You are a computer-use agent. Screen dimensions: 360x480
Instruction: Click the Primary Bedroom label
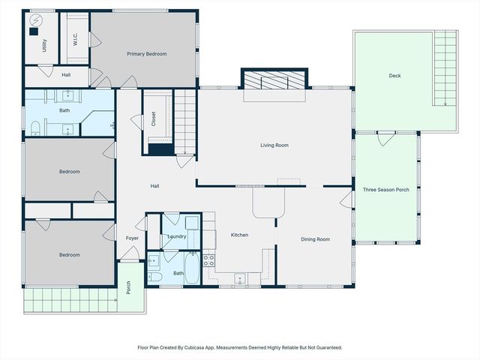(146, 54)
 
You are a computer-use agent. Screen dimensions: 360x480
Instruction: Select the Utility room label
(45, 45)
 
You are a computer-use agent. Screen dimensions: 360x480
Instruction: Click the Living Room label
(274, 145)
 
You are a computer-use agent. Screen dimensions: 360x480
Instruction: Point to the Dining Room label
(314, 239)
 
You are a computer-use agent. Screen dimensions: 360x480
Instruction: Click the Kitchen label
(239, 235)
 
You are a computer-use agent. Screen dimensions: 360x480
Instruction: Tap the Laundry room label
(177, 236)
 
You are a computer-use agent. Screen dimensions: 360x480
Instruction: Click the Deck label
(394, 76)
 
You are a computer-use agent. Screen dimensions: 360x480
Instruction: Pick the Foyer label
(132, 238)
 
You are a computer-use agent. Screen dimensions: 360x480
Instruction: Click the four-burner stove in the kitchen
(209, 261)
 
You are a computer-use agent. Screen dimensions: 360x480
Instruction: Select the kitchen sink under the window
(240, 279)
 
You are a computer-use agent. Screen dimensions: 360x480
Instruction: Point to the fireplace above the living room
(274, 79)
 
